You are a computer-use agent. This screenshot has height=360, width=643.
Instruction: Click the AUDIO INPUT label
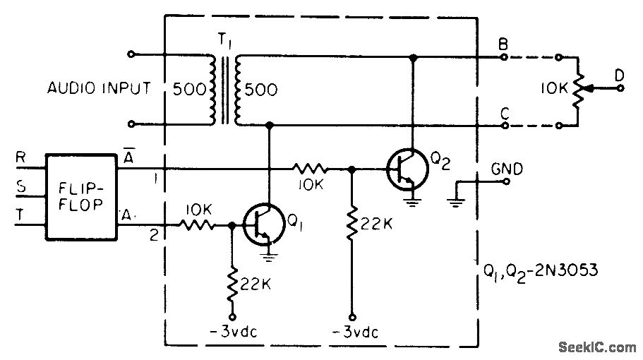pyautogui.click(x=99, y=89)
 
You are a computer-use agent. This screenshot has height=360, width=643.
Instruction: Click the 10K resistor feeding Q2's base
pyautogui.click(x=310, y=169)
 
